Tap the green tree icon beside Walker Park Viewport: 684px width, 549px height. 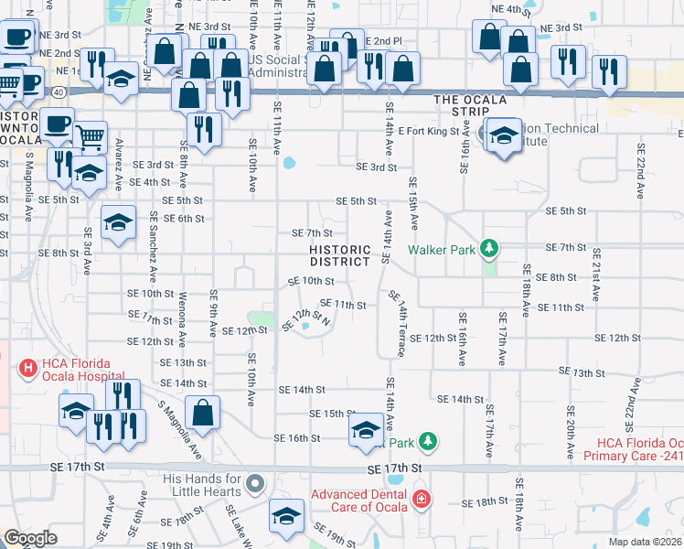[x=490, y=248]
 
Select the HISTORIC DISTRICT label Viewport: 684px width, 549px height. [x=340, y=255]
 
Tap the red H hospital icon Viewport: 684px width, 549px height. [x=27, y=369]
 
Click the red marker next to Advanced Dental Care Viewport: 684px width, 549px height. [x=421, y=500]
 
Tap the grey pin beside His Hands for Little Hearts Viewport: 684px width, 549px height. [x=255, y=484]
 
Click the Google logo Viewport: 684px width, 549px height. [x=30, y=538]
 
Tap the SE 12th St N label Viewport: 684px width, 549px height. [x=310, y=321]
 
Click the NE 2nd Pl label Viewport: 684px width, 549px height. [x=383, y=42]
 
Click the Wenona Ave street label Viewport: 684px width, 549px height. [x=182, y=321]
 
